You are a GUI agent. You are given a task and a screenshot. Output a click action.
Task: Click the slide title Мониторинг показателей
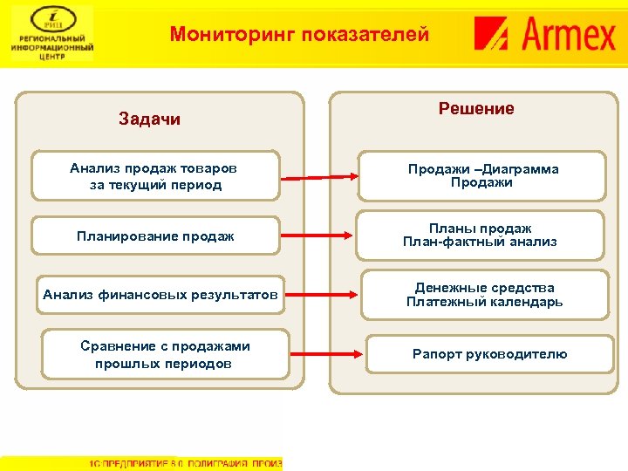click(x=299, y=35)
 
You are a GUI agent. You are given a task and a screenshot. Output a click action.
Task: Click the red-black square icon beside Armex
click(x=493, y=35)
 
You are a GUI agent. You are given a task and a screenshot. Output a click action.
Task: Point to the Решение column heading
click(x=476, y=109)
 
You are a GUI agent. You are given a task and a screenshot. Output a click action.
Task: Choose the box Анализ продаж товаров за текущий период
click(x=155, y=176)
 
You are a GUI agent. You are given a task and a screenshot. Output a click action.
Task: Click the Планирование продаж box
click(x=155, y=235)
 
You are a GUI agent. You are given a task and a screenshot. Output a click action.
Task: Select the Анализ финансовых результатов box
click(x=160, y=295)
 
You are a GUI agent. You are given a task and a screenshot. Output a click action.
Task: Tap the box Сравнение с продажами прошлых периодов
click(x=165, y=354)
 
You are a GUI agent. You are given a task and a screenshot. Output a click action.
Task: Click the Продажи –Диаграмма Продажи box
click(x=483, y=176)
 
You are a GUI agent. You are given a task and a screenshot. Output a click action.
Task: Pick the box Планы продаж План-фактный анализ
click(x=480, y=235)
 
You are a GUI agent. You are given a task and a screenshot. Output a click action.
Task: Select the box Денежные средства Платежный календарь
click(x=484, y=295)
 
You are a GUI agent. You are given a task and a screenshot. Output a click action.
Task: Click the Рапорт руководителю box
click(x=489, y=354)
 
